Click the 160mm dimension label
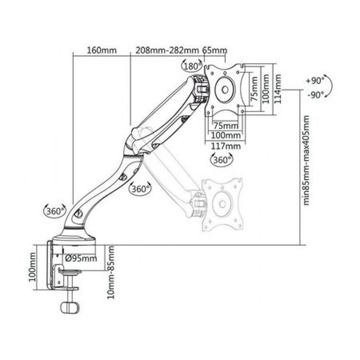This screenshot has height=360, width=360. point(102,50)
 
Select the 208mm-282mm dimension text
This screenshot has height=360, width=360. point(167,50)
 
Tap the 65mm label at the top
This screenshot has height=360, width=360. point(215,50)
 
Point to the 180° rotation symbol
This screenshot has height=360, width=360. point(191,66)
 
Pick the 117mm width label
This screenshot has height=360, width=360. point(226,146)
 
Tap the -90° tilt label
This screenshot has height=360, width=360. point(316,94)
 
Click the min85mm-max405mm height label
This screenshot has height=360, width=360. point(307,160)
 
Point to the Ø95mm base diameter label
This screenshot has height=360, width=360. point(81,258)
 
